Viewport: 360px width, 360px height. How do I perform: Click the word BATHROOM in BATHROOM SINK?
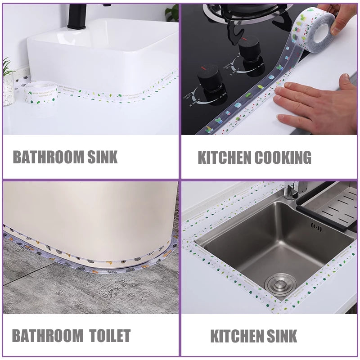coord(49,157)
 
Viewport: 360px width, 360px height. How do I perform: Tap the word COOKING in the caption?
coord(283,157)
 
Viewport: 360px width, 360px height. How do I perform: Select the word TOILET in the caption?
coord(110,336)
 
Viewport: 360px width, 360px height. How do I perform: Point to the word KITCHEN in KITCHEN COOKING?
coord(224,157)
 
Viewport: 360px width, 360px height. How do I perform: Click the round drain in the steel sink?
coord(280,283)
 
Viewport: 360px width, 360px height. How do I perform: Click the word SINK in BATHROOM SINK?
coord(103,157)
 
